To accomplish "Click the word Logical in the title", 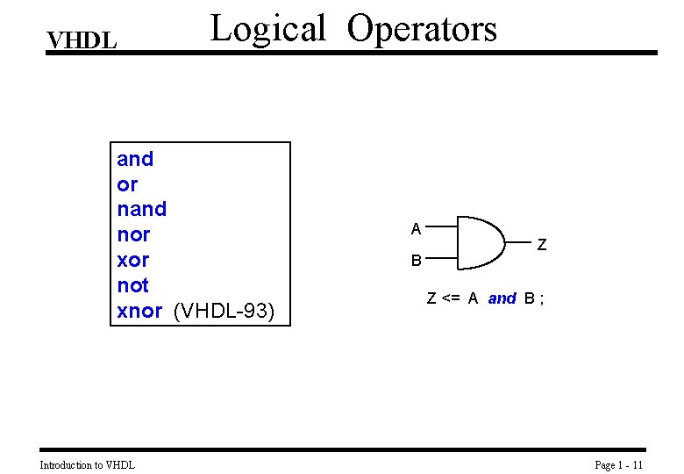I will click(x=268, y=29).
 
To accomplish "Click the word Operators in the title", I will click(x=422, y=29).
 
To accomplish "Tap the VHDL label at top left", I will click(x=82, y=40).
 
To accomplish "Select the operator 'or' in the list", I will click(x=127, y=184).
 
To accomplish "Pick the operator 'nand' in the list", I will click(x=141, y=209).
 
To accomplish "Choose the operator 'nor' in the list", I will click(x=133, y=234).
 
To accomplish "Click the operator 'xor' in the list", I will click(x=133, y=260).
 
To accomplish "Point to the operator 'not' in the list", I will click(x=132, y=285).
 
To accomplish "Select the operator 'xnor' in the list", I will click(x=139, y=311).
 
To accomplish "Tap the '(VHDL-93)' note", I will click(x=224, y=311).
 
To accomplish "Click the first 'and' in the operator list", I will click(x=135, y=159).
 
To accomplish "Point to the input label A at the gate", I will click(x=417, y=229).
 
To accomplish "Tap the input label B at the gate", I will click(x=417, y=261).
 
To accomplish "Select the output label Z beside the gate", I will click(x=542, y=246).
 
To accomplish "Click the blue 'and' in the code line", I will click(x=502, y=298).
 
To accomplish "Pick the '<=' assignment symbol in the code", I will click(x=451, y=298).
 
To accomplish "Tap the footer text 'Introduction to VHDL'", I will click(x=88, y=464).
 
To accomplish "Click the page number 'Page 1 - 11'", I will click(x=619, y=464).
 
